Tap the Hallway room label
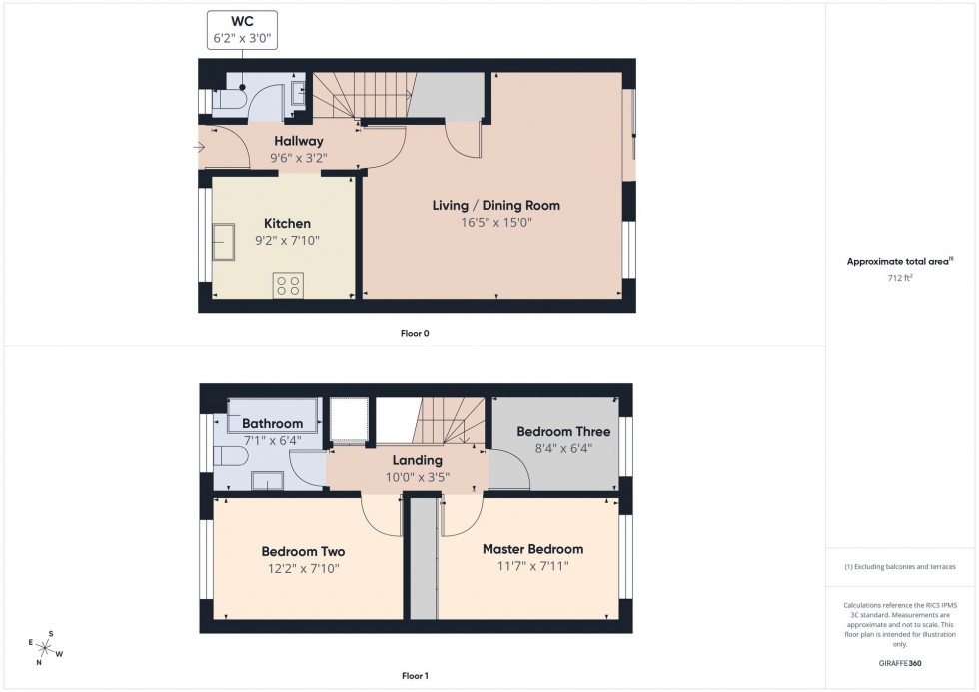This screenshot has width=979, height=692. click(299, 142)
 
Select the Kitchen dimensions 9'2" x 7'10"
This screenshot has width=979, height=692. click(287, 240)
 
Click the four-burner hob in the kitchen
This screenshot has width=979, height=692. click(289, 285)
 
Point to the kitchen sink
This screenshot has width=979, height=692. click(222, 242)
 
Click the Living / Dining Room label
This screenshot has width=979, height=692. click(495, 206)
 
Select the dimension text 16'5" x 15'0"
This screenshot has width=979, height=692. click(495, 223)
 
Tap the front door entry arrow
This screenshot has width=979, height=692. click(201, 149)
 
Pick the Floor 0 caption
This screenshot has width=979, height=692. click(415, 333)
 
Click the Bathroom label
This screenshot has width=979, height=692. click(271, 424)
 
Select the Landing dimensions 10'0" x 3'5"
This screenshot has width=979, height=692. click(417, 477)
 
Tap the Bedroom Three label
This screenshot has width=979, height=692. click(562, 432)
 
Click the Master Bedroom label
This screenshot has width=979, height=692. click(532, 549)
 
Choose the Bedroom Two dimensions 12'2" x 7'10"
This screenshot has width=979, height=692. click(303, 568)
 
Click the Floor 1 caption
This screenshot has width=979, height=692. click(415, 676)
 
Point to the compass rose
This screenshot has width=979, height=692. click(46, 648)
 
